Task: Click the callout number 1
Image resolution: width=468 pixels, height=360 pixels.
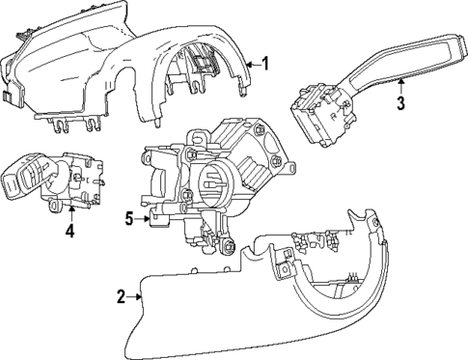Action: click(266, 65)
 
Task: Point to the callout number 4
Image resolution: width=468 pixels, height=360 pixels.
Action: click(69, 231)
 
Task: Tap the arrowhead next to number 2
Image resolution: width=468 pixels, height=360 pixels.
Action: click(140, 297)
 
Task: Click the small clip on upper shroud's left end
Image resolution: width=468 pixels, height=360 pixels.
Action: click(10, 95)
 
